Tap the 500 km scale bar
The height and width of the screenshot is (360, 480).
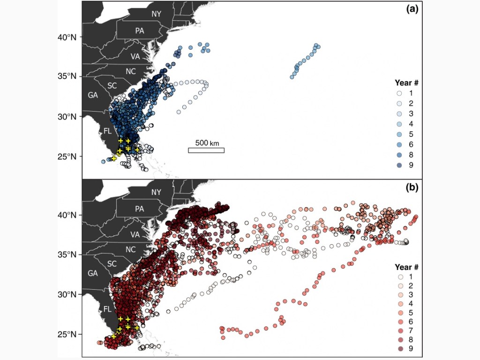[x=206, y=150]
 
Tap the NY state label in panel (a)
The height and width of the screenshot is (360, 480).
[x=156, y=14]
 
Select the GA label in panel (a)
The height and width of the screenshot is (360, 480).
[x=93, y=95]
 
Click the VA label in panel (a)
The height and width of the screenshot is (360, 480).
[x=135, y=56]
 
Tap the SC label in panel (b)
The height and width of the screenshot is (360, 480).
[x=112, y=264]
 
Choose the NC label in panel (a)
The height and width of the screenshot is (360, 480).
[x=130, y=71]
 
